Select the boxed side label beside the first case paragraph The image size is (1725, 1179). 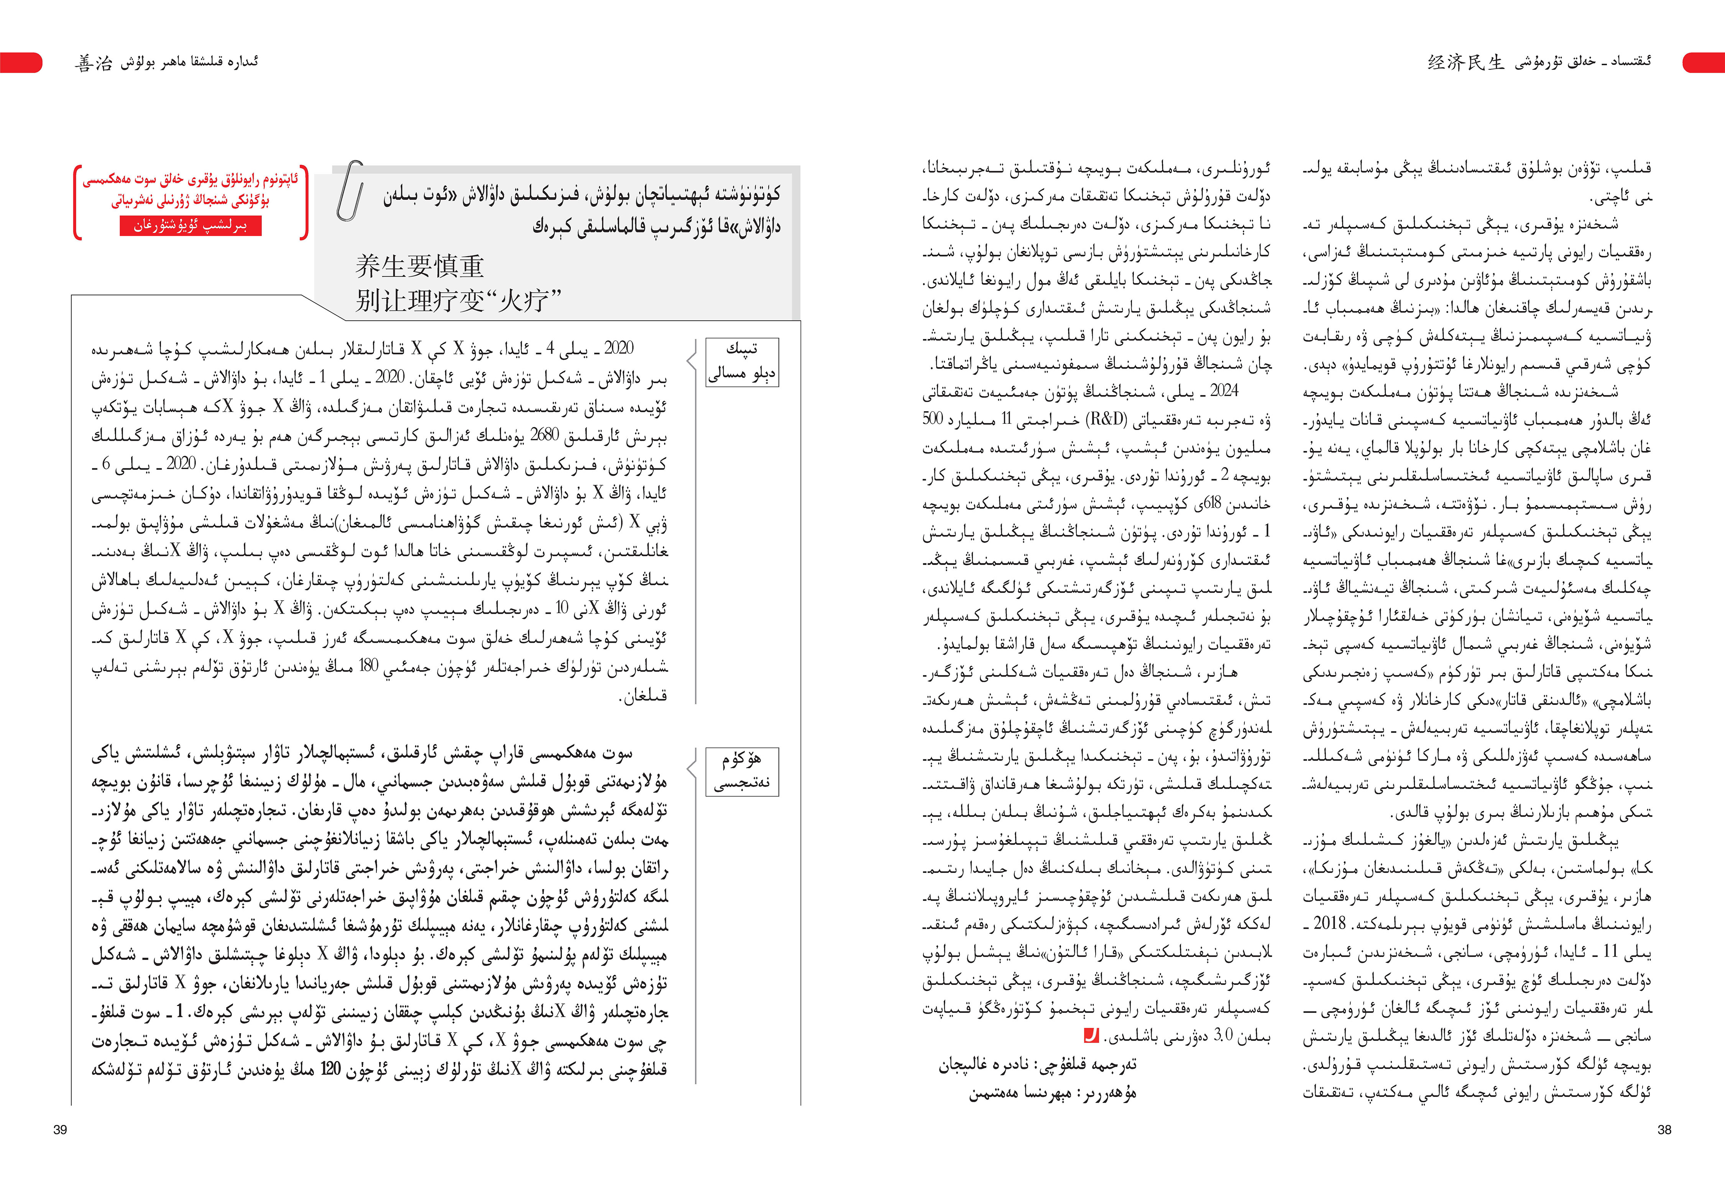tap(741, 362)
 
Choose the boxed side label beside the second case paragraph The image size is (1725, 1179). tap(741, 771)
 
